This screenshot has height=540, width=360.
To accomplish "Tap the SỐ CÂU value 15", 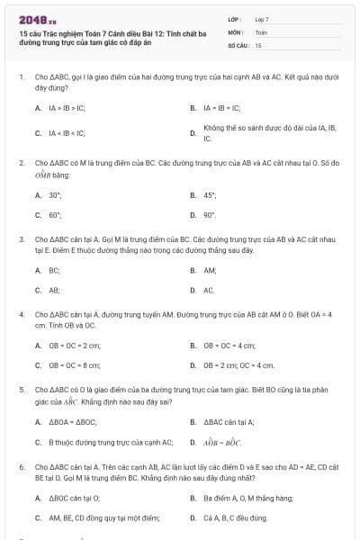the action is (258, 44).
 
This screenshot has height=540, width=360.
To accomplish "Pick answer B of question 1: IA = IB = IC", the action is (220, 107).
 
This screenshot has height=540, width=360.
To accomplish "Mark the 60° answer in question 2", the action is (55, 215).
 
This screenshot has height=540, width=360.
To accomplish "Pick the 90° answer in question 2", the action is (211, 215).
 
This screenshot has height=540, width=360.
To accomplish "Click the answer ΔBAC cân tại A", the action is (229, 421).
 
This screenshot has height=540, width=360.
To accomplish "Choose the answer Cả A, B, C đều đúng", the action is (235, 518).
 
